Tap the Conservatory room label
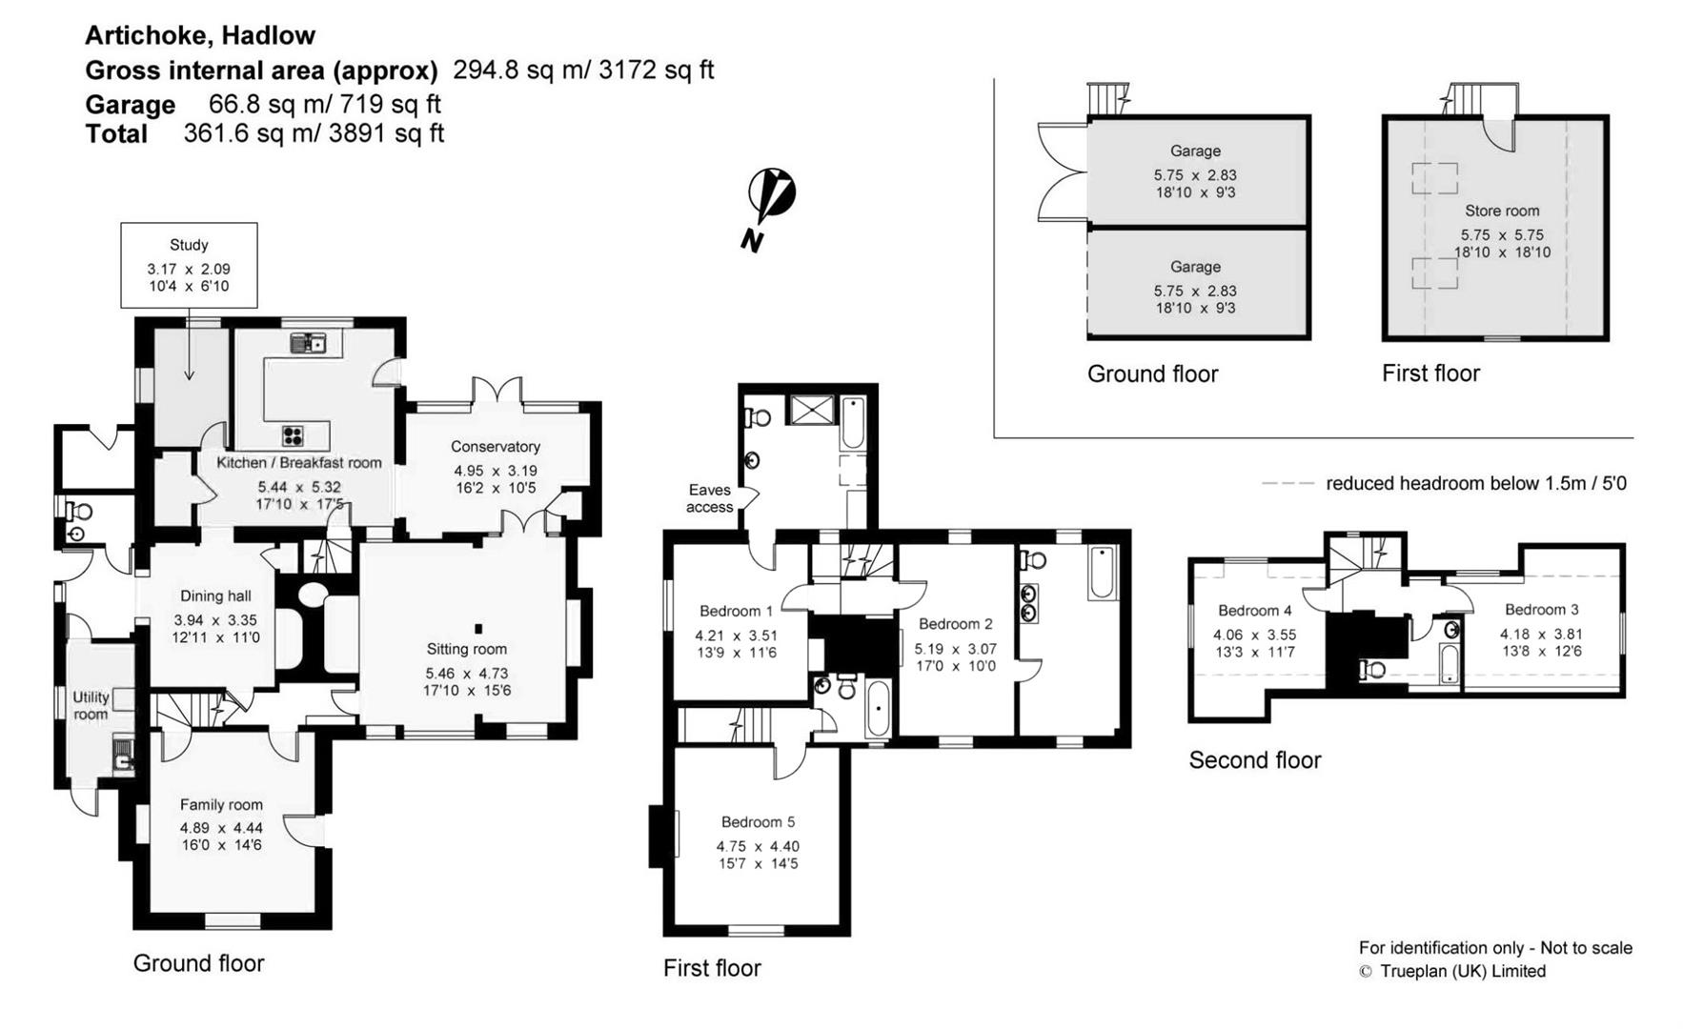(496, 446)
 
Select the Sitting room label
(467, 649)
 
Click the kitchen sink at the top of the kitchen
(308, 343)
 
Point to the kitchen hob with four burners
(294, 436)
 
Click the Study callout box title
(189, 245)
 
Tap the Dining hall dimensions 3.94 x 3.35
(215, 620)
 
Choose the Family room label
(221, 804)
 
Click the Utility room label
(91, 705)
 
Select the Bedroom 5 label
(758, 821)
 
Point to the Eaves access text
(710, 498)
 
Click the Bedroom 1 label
(737, 611)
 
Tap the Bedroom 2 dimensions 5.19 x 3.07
(956, 649)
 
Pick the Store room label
(1502, 211)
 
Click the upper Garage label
(1195, 151)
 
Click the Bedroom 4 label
(1255, 610)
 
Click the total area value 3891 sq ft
(386, 132)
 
